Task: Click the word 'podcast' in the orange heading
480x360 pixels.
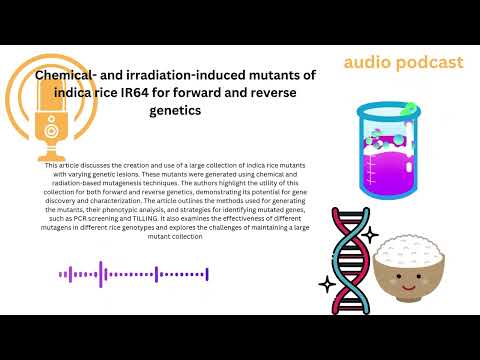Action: [x=426, y=63]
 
